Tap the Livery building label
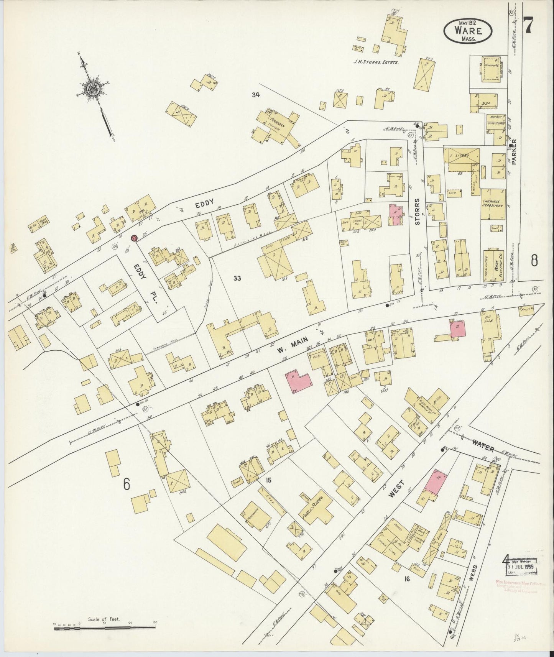pos(462,155)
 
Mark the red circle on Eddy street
pos(134,238)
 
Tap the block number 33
pos(237,278)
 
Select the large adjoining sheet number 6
pos(127,484)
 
